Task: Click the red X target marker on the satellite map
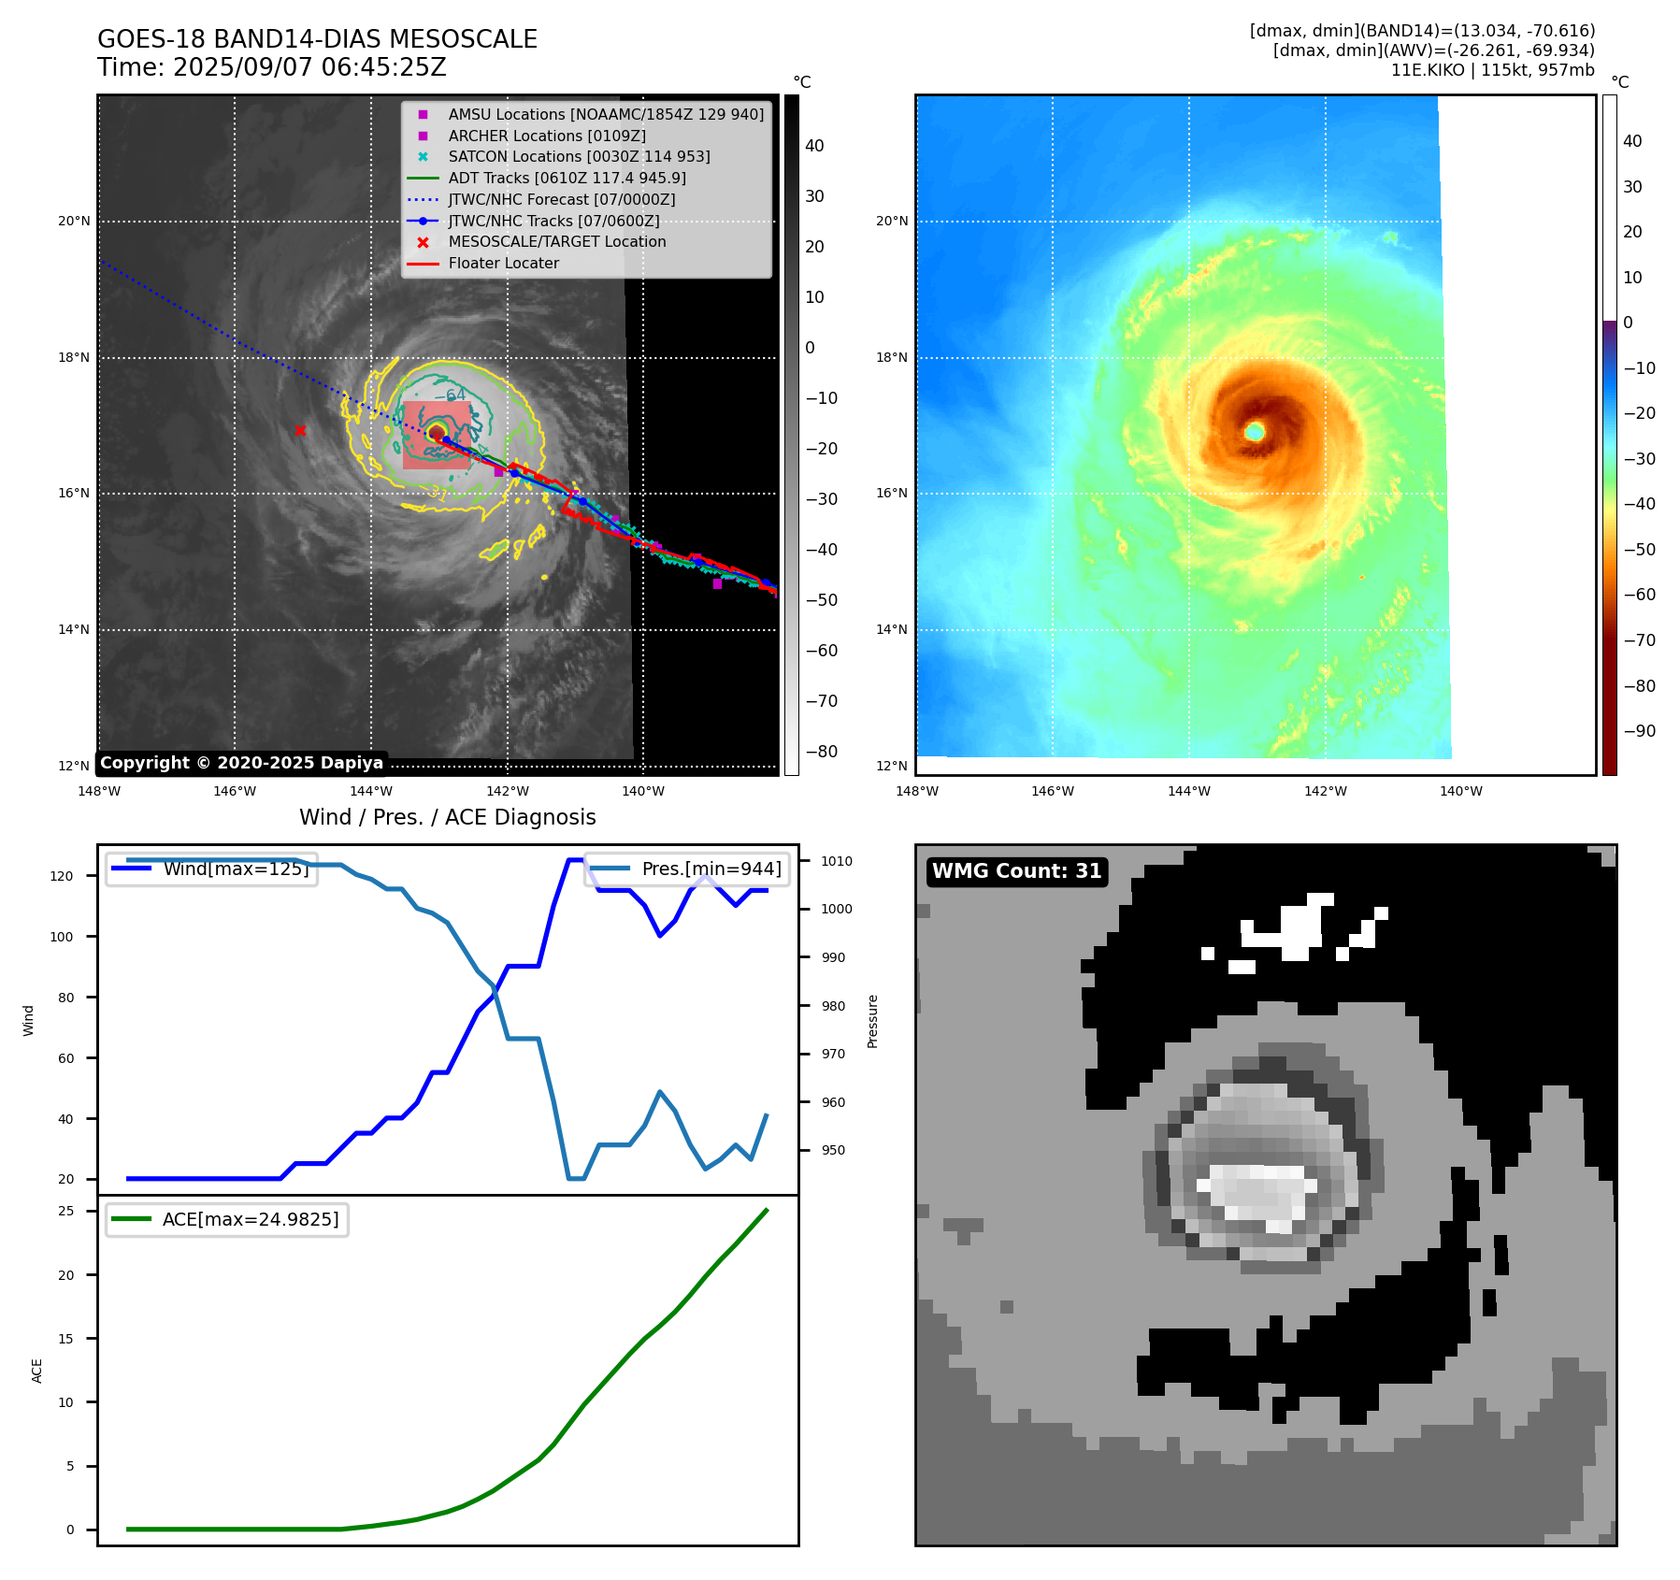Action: tap(300, 430)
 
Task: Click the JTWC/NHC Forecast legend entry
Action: tap(561, 199)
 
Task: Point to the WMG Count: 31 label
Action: tap(1016, 871)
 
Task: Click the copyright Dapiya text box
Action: tap(241, 763)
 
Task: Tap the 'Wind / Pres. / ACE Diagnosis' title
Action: tap(447, 817)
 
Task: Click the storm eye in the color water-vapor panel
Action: tap(1255, 431)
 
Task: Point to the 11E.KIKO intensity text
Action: tap(1492, 70)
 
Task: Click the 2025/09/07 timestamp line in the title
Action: tap(272, 68)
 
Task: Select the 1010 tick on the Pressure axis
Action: tap(837, 861)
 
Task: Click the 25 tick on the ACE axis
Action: tap(66, 1211)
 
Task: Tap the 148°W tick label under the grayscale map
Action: tap(99, 791)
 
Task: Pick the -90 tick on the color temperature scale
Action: tap(1639, 731)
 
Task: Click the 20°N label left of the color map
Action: tap(892, 222)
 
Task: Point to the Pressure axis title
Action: tap(872, 1021)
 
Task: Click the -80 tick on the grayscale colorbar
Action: tap(822, 752)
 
